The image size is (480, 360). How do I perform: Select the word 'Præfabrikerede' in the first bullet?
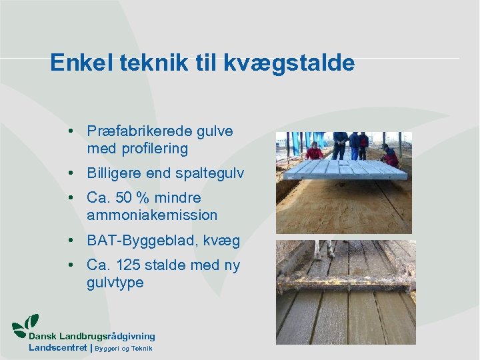coord(137,131)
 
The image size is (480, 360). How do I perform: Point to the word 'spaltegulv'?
coord(210,173)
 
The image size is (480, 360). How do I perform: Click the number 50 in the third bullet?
coord(123,198)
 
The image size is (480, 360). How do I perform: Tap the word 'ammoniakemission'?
coord(152,215)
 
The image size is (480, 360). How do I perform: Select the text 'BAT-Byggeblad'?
coord(139,240)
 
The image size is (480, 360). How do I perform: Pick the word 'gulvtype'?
coord(115,283)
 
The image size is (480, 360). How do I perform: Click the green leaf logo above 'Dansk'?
coord(27,323)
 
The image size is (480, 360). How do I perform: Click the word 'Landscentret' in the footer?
coord(57,348)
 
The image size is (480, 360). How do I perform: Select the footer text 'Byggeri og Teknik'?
coord(125,349)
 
